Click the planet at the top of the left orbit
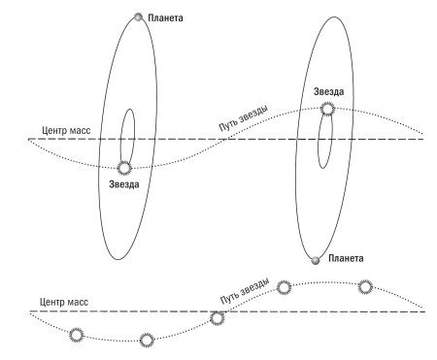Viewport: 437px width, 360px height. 138,16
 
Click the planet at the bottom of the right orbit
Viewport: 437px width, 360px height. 315,260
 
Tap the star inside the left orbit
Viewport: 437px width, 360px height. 124,168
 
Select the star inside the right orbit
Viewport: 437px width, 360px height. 327,109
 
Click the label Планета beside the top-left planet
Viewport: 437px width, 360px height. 165,17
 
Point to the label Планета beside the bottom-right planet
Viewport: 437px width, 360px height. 346,258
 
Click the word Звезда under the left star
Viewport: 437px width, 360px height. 124,184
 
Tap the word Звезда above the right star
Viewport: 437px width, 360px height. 328,91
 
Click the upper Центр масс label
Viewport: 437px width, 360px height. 66,131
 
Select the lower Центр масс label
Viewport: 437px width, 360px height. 64,302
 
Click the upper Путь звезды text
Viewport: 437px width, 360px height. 244,118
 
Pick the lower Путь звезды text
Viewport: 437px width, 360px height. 245,290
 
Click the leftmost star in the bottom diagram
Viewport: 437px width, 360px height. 77,335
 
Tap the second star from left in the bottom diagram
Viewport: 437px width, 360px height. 147,341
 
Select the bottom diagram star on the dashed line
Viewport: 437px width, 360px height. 217,318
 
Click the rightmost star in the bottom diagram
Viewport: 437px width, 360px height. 365,287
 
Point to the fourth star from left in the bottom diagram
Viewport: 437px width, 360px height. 284,287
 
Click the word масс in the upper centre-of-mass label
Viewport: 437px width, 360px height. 80,131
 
